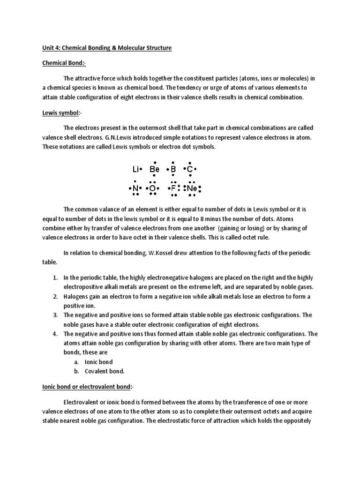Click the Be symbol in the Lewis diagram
point(155,169)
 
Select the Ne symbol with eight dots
point(192,188)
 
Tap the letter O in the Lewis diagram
point(152,188)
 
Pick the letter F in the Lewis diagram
point(173,188)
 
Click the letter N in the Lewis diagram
point(135,188)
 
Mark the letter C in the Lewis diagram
point(189,169)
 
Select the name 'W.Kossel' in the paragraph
point(165,253)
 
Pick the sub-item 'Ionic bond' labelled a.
point(98,362)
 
